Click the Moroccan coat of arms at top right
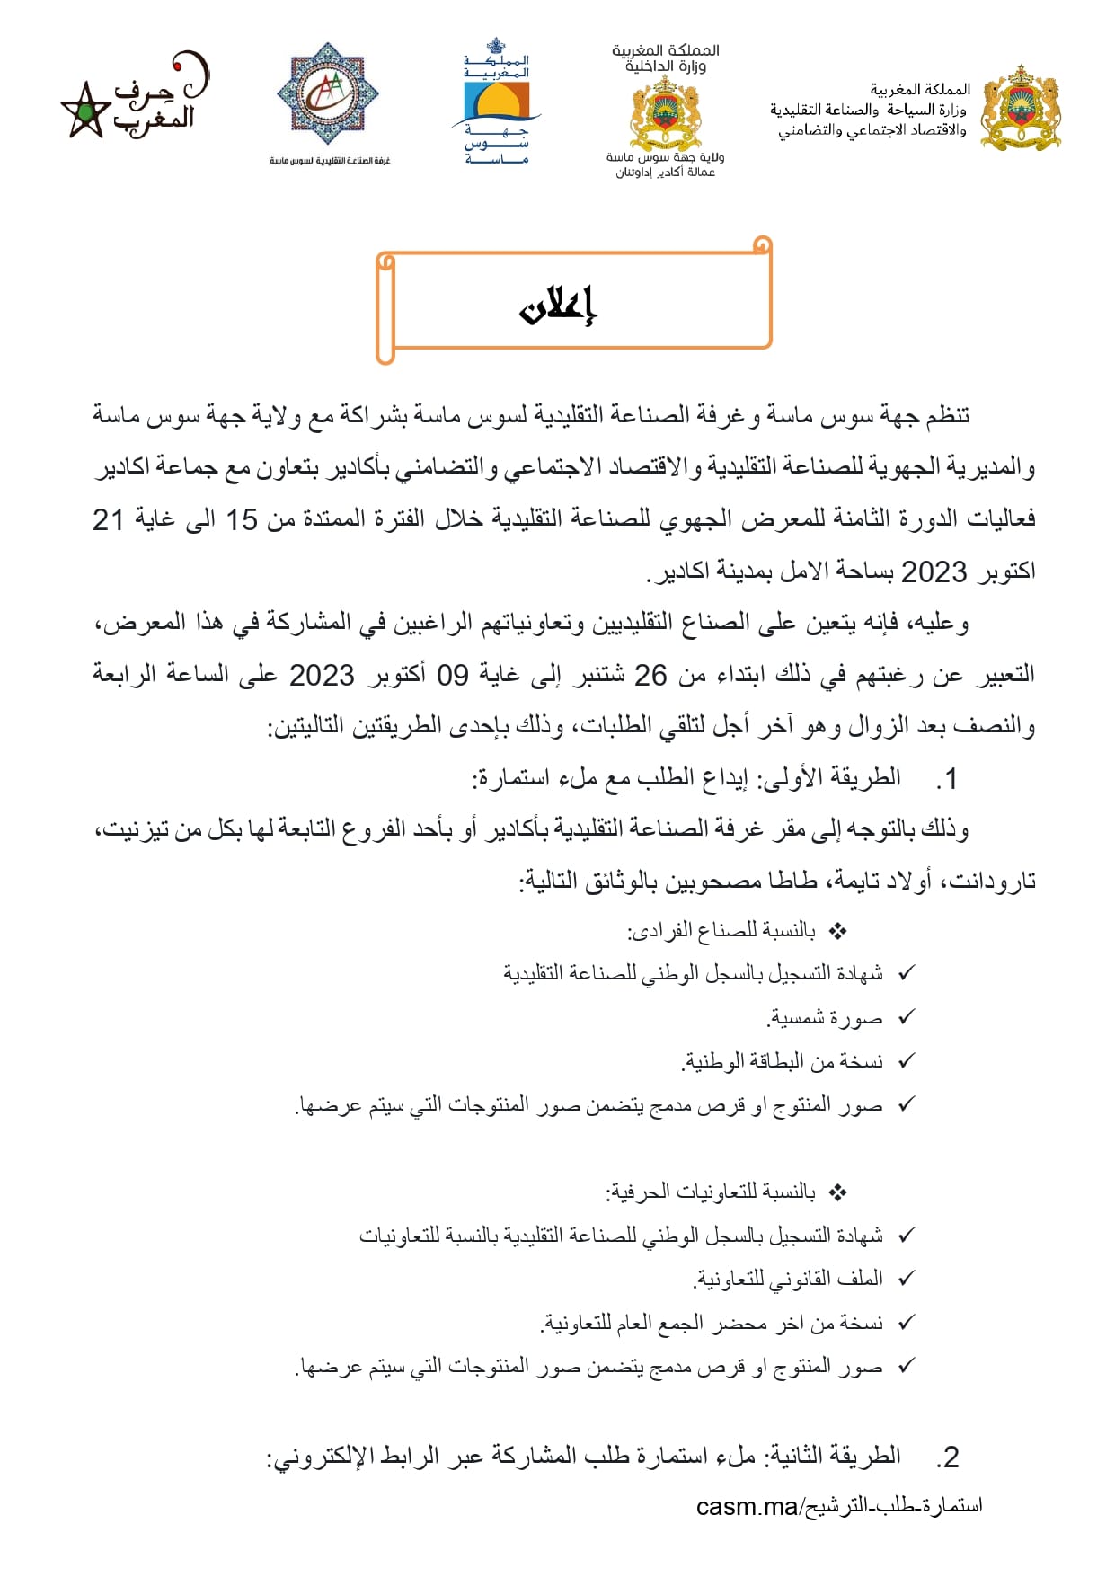point(1021,107)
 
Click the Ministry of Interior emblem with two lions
point(665,112)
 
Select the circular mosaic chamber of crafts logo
point(329,93)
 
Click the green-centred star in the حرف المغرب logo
point(84,112)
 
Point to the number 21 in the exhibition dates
point(108,519)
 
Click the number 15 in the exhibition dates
point(241,519)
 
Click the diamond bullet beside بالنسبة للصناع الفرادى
point(837,931)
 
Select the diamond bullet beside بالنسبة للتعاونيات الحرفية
point(837,1192)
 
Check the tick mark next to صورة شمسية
point(907,1016)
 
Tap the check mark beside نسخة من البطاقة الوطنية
point(907,1060)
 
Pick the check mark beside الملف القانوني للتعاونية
point(907,1277)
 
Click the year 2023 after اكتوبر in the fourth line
point(934,571)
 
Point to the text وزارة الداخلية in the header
point(666,66)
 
